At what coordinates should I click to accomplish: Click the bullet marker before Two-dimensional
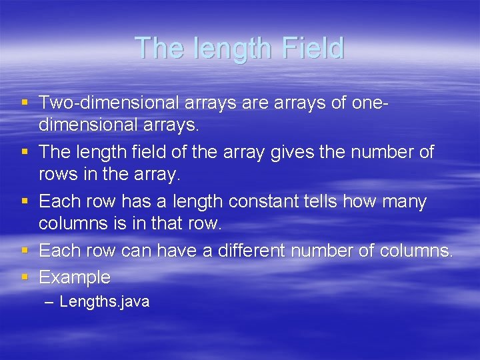(x=25, y=103)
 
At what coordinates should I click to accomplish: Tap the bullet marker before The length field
(x=25, y=152)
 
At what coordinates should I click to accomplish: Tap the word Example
(x=75, y=277)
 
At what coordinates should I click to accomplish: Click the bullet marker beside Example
(x=25, y=276)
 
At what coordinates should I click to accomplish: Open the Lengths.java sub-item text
(x=105, y=302)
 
